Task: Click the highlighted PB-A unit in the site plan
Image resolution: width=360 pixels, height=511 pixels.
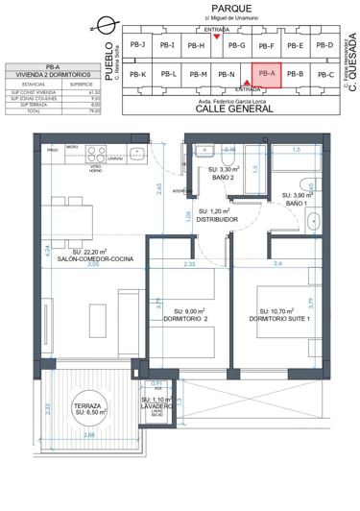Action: pyautogui.click(x=267, y=74)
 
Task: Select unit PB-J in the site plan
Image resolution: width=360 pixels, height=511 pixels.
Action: pyautogui.click(x=136, y=45)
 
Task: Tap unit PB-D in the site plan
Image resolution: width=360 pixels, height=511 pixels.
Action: pyautogui.click(x=324, y=45)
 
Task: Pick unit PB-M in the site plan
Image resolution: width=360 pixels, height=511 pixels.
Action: pyautogui.click(x=199, y=74)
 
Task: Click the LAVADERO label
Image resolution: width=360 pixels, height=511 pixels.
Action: pyautogui.click(x=156, y=405)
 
